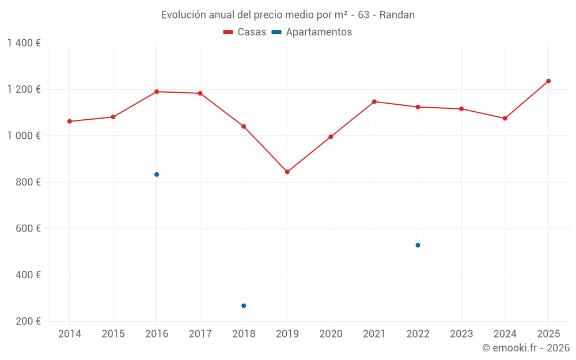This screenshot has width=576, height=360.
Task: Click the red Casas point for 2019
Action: coord(287,172)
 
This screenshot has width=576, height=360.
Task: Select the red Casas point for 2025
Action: coord(548,81)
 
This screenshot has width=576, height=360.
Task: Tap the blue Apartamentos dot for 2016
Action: coord(157,175)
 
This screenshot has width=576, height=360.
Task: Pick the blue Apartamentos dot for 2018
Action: coord(244,306)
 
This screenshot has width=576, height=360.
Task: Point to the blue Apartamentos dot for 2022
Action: coord(418,245)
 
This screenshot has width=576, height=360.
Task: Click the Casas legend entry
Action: coord(245,32)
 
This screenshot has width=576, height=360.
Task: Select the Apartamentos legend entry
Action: coord(312,32)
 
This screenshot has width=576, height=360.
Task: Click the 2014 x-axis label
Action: coord(70,334)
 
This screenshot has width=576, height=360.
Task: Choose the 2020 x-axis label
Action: coord(331,334)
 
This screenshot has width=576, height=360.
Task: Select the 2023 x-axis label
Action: coord(461,334)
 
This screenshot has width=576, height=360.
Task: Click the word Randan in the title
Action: coord(397,15)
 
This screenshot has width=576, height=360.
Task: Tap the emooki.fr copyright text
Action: coord(526,348)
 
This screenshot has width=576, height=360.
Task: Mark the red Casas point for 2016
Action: coord(157,92)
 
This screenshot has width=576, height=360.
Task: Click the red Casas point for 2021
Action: coord(374,101)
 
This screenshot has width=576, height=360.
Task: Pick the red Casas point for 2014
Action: coord(70,122)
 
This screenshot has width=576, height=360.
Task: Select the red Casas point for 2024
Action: coord(505,118)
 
